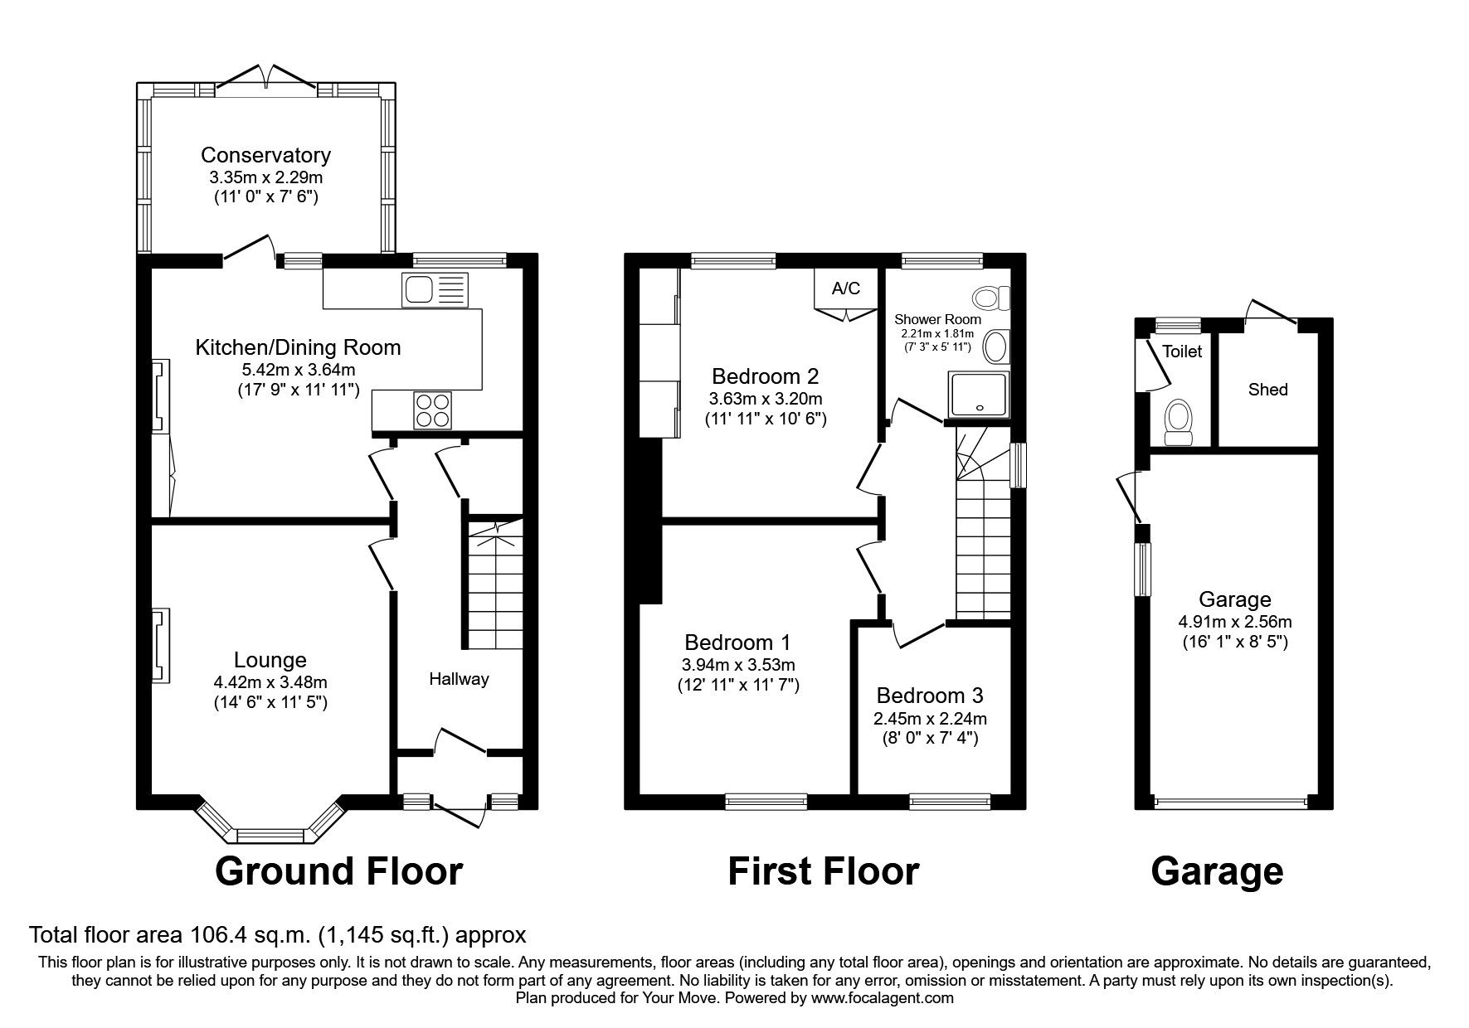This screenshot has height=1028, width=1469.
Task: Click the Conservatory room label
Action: click(265, 155)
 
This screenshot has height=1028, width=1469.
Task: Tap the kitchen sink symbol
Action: click(434, 290)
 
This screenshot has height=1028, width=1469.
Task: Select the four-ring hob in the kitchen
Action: click(433, 410)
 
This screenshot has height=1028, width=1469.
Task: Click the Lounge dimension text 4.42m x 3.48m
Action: click(270, 682)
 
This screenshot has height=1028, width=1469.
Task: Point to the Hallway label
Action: click(459, 679)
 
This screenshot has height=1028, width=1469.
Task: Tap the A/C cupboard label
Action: click(845, 289)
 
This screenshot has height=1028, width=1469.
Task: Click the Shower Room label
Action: click(937, 319)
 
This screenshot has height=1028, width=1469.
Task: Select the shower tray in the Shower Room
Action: click(980, 394)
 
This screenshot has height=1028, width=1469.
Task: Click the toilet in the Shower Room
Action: click(990, 297)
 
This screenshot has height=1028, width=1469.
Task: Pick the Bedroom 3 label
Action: click(930, 696)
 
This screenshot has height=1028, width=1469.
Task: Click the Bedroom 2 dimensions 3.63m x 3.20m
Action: click(765, 397)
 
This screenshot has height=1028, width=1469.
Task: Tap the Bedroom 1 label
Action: click(737, 642)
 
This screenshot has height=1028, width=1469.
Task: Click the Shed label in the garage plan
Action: click(1267, 389)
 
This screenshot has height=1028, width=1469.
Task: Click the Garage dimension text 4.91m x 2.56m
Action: click(1234, 621)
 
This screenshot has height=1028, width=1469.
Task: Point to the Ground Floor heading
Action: click(338, 871)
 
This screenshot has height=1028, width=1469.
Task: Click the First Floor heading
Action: click(823, 871)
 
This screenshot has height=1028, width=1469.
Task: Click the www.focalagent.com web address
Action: click(883, 998)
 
